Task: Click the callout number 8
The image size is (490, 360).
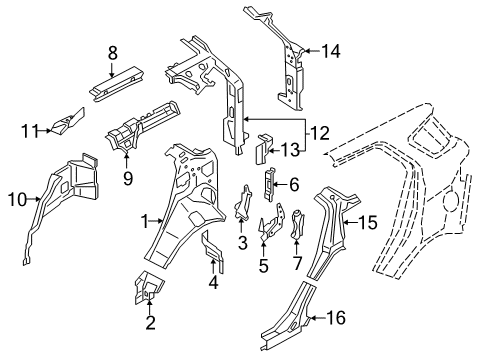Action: click(113, 51)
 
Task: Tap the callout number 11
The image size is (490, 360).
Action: click(31, 128)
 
